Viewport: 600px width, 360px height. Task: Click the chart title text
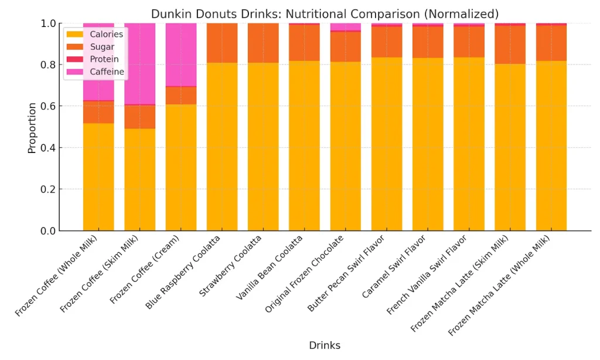tap(325, 13)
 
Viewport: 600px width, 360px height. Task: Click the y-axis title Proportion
tap(32, 128)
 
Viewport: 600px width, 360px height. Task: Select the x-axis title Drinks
tap(325, 345)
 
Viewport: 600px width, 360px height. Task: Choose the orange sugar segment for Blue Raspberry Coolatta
tap(222, 43)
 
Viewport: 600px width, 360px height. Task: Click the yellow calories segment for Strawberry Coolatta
tap(263, 147)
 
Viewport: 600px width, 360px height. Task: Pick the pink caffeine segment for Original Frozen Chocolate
tap(346, 26)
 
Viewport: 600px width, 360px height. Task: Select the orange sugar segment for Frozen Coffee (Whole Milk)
tap(98, 112)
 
